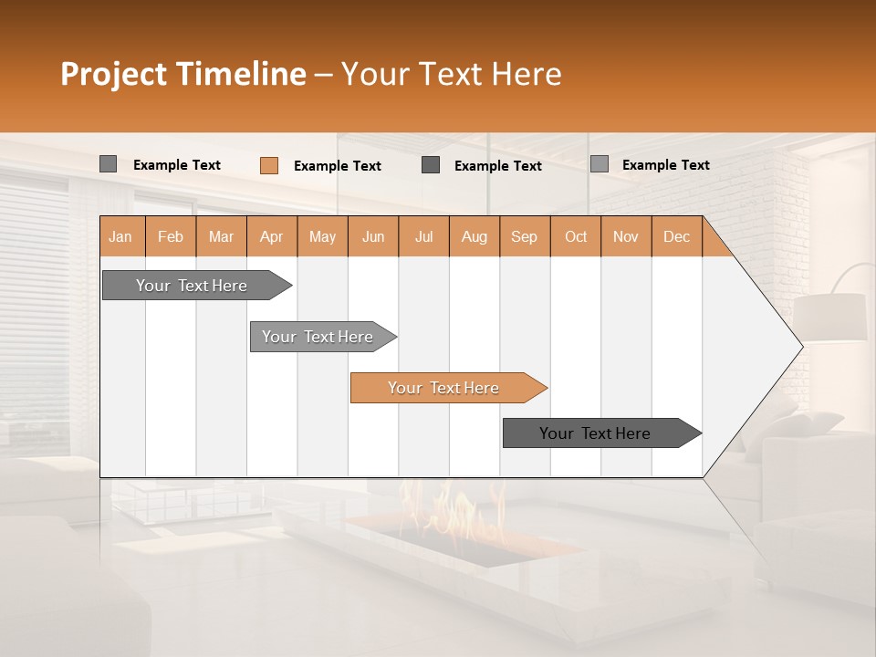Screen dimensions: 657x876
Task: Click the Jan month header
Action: (121, 236)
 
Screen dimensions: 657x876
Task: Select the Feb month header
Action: (171, 236)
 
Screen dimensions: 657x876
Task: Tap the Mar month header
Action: (221, 236)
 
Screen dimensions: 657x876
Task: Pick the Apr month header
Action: (272, 236)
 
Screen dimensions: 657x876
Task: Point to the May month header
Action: (322, 236)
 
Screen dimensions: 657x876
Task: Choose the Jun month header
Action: (373, 236)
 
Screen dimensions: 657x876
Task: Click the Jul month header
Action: (423, 236)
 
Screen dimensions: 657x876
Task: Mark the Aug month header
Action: (474, 236)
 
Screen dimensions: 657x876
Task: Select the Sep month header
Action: (525, 236)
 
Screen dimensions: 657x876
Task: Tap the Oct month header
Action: (576, 236)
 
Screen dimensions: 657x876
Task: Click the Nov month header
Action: (626, 236)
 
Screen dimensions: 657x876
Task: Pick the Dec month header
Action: (677, 236)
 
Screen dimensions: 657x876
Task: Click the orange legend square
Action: (269, 165)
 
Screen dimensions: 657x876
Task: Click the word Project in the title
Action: (114, 74)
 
